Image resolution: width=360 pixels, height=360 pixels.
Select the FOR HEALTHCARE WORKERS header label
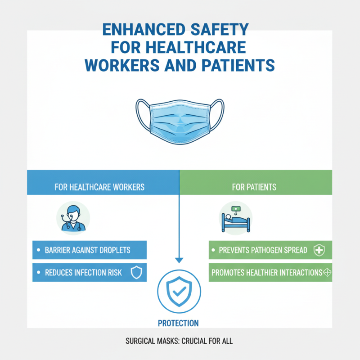coord(99,187)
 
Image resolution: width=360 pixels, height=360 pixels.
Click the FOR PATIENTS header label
coord(254,187)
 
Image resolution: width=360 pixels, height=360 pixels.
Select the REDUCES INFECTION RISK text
coord(83,273)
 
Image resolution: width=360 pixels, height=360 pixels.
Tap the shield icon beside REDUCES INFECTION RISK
coord(135,273)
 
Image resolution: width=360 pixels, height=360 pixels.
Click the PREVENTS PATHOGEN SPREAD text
coord(263,250)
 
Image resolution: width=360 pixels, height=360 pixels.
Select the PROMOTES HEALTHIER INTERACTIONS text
coord(266,273)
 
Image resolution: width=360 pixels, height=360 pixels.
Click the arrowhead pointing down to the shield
coord(180,260)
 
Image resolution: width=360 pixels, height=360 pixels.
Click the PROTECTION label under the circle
coord(178,323)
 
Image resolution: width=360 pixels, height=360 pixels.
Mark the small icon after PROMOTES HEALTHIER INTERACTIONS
coord(327,273)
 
